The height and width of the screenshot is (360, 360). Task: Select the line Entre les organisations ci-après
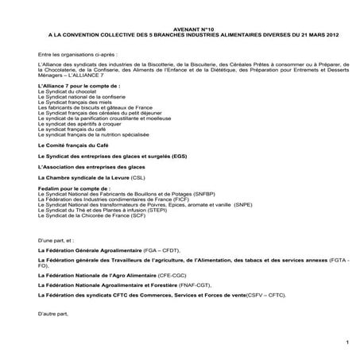click(72, 54)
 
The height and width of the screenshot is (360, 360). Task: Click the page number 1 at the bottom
click(347, 343)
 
